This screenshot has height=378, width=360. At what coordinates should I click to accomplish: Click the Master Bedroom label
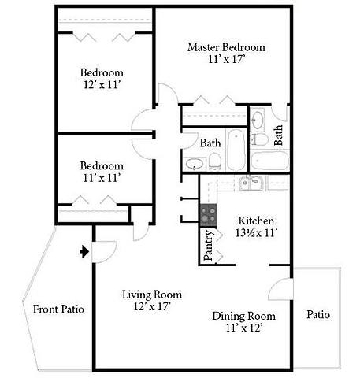pos(226,47)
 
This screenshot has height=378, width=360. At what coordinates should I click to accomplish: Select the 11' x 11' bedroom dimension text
pos(102,179)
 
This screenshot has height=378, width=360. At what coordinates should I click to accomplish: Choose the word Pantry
pos(209,246)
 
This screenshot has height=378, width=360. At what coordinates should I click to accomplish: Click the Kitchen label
pos(255,220)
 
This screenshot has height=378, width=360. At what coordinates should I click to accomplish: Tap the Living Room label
pos(147,295)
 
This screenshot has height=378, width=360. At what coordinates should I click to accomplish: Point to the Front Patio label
pos(58,309)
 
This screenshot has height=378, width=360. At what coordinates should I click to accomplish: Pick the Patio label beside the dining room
pos(317,315)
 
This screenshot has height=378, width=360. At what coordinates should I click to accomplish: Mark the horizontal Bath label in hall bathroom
pos(210,143)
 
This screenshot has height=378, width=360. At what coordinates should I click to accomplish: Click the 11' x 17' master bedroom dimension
pos(226,60)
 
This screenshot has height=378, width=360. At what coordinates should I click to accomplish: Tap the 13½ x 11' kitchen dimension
pos(255,233)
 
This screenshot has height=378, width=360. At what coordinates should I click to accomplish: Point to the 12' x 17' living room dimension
pos(147,306)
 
